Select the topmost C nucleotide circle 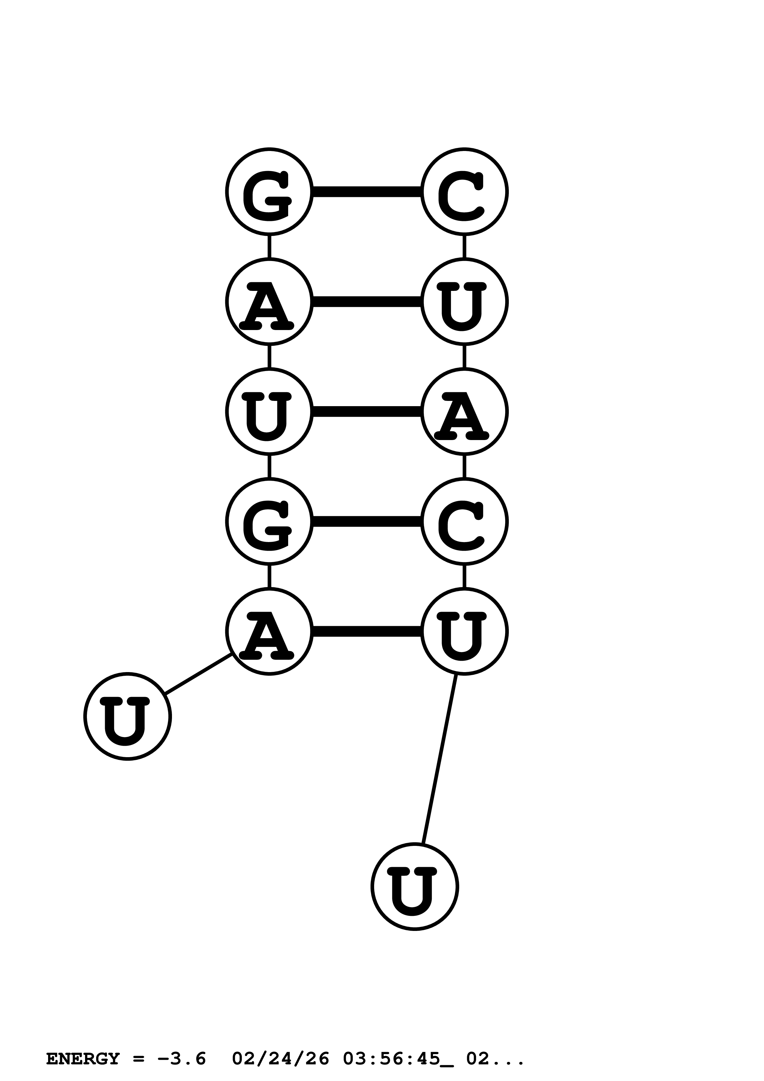click(464, 192)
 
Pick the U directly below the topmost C click(464, 301)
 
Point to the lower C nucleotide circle click(464, 521)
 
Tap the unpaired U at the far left click(128, 716)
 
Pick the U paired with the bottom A click(464, 631)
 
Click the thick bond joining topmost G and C click(367, 192)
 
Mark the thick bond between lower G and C click(367, 521)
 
